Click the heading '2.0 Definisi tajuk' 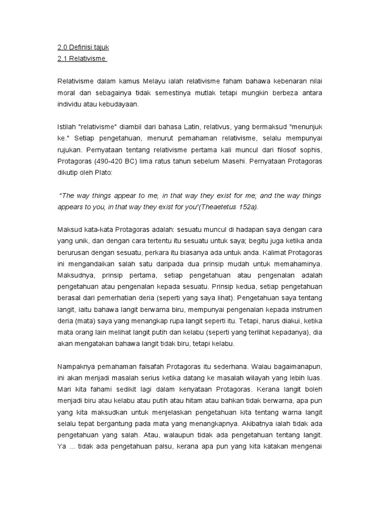(x=83, y=48)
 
